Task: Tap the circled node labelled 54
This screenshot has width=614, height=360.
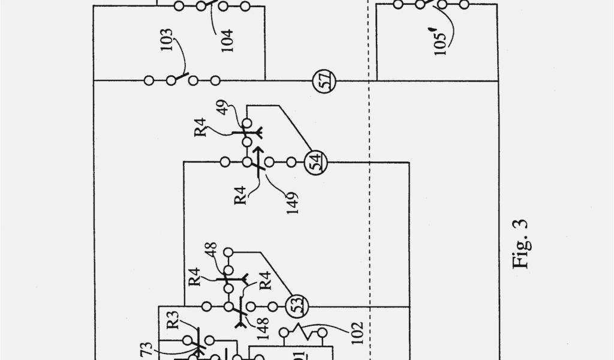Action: coord(314,161)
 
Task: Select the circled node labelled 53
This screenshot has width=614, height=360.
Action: coord(295,305)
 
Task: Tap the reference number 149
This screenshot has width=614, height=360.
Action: coord(292,204)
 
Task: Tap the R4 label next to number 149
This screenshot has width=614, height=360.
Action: coord(241,196)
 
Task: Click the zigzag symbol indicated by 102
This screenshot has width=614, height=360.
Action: coord(298,330)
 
